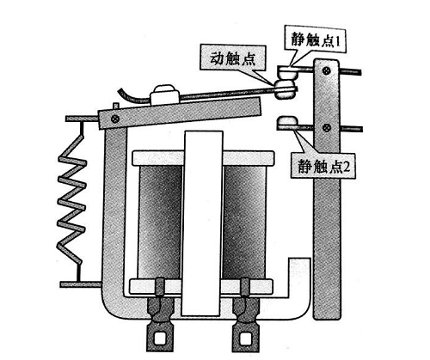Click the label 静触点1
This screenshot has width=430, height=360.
(x=315, y=41)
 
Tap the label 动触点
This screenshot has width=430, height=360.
(x=232, y=59)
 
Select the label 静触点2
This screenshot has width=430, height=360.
(x=323, y=167)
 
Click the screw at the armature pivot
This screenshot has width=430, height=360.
(x=115, y=119)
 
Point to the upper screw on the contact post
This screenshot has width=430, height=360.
(x=327, y=70)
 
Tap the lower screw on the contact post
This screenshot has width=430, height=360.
(x=327, y=127)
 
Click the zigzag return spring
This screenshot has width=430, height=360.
(x=72, y=199)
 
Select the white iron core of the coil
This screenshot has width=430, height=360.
(x=203, y=223)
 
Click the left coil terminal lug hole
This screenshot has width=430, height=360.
(x=159, y=338)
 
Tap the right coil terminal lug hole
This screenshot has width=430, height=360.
(x=245, y=339)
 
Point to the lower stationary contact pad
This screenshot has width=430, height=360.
(x=287, y=121)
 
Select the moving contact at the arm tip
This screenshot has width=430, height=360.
(x=285, y=88)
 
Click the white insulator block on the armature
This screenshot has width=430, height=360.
(x=164, y=94)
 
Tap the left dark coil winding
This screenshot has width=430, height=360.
(x=161, y=222)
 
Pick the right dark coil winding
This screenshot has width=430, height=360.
(x=244, y=222)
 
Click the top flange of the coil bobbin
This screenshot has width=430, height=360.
(x=203, y=158)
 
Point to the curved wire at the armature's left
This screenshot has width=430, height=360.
(x=134, y=96)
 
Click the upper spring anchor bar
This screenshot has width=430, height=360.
(x=82, y=119)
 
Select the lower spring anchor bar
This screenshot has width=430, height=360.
(x=81, y=284)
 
